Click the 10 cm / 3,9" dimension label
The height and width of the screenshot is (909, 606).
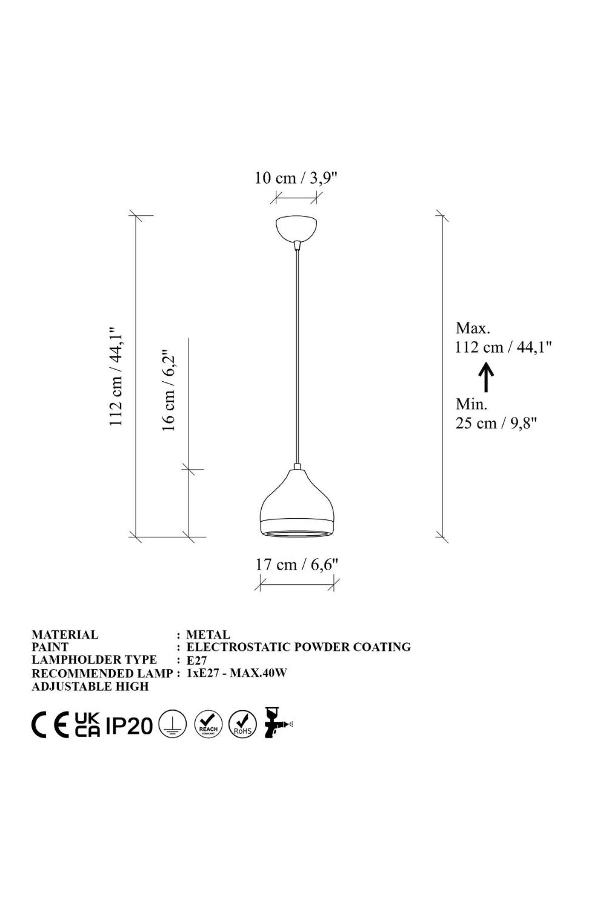[x=296, y=178]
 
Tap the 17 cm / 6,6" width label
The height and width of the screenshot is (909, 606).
[x=296, y=564]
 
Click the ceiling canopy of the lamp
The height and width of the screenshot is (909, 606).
[x=296, y=228]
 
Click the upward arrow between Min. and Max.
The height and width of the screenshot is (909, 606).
[x=486, y=377]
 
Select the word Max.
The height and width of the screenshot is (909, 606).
[x=473, y=328]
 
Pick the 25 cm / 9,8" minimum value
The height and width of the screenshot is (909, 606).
[x=496, y=423]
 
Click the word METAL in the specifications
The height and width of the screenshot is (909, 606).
[x=208, y=634]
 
